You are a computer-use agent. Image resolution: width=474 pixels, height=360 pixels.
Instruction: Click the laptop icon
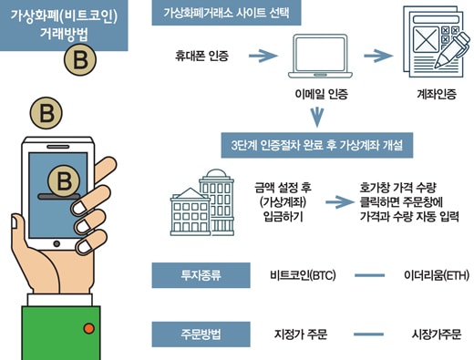[x=320, y=57]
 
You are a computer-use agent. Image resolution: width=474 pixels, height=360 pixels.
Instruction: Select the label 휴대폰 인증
[x=201, y=56]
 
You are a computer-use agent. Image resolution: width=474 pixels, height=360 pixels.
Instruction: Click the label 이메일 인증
[x=322, y=94]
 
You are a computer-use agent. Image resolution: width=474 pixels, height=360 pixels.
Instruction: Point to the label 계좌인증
[x=437, y=94]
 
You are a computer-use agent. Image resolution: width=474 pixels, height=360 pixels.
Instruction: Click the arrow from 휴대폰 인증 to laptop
[x=263, y=56]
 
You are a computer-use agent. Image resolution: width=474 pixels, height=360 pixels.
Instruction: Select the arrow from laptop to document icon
[x=378, y=56]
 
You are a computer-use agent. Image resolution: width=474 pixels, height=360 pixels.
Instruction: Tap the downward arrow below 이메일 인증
[x=317, y=118]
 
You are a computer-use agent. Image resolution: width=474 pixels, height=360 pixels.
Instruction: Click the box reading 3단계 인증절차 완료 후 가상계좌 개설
[x=317, y=145]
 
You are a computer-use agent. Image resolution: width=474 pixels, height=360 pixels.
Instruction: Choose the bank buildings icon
[x=202, y=202]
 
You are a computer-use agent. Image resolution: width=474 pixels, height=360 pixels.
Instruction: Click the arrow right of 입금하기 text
[x=340, y=202]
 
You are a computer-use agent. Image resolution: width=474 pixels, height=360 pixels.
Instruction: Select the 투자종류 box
[x=201, y=275]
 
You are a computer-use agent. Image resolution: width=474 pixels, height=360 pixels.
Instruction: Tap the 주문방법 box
[x=201, y=334]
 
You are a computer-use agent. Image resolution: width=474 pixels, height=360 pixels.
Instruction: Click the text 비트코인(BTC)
[x=303, y=275]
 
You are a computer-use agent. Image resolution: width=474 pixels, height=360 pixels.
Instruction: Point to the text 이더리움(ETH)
[x=437, y=275]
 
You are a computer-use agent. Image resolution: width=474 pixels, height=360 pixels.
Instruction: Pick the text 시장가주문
[x=437, y=334]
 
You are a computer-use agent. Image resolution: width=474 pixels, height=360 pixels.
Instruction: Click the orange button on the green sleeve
[x=88, y=328]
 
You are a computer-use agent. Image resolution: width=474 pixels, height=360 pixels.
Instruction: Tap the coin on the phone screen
[x=64, y=181]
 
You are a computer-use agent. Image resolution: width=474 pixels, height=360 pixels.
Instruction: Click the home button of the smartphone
[x=57, y=243]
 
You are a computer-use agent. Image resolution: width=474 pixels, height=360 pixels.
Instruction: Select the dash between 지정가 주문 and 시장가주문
[x=368, y=334]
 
